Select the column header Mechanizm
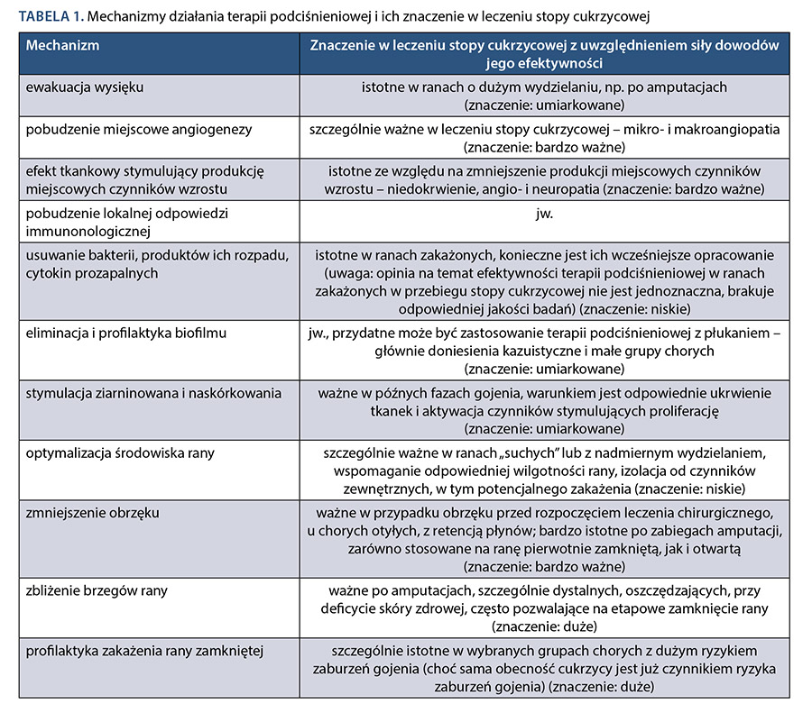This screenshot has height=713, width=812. coord(63,44)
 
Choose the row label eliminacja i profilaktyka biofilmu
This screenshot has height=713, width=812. coord(126,334)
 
